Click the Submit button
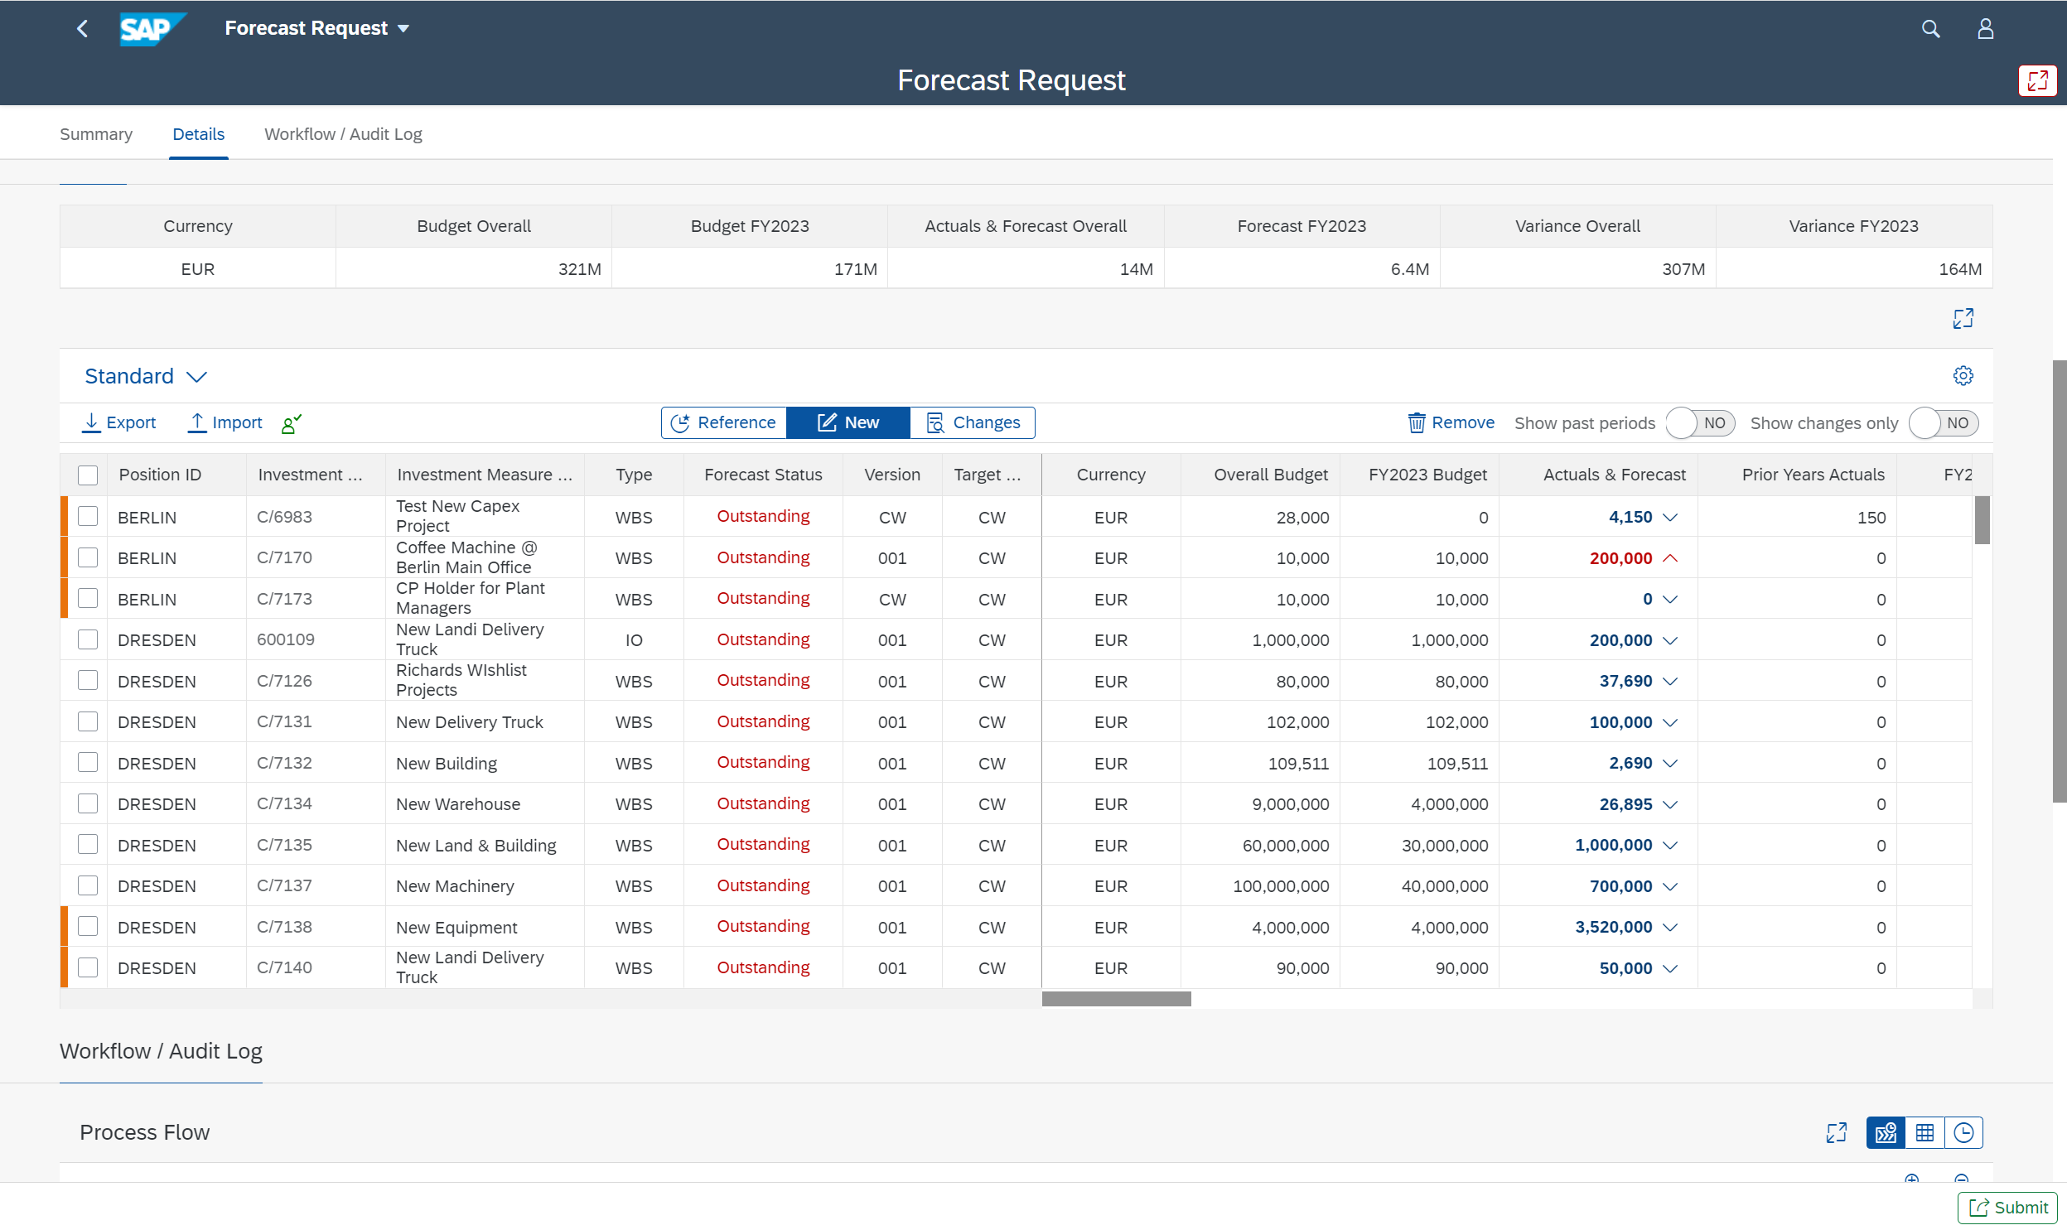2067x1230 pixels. pyautogui.click(x=2007, y=1207)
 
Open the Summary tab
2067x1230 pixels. pyautogui.click(x=96, y=134)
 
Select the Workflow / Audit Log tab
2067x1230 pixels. pyautogui.click(x=343, y=134)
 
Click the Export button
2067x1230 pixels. pyautogui.click(x=119, y=422)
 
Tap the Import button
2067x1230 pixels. pyautogui.click(x=225, y=422)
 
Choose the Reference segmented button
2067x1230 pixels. pyautogui.click(x=723, y=422)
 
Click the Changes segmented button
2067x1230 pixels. pyautogui.click(x=972, y=422)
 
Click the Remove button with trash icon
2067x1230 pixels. pyautogui.click(x=1451, y=422)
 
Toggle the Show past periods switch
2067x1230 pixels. pyautogui.click(x=1700, y=423)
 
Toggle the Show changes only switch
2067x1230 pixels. pyautogui.click(x=1943, y=423)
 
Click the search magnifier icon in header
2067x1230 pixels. pyautogui.click(x=1930, y=29)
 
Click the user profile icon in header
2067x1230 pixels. pyautogui.click(x=1985, y=29)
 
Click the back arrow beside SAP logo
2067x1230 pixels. pyautogui.click(x=82, y=29)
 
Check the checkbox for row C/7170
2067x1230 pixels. pyautogui.click(x=88, y=557)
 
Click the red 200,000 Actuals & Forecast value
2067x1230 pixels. pyautogui.click(x=1620, y=558)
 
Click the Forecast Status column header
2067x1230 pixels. pyautogui.click(x=762, y=475)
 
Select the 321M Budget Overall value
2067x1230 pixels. pyautogui.click(x=578, y=269)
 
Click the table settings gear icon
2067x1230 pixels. pyautogui.click(x=1963, y=375)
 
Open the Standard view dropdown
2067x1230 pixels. pyautogui.click(x=146, y=376)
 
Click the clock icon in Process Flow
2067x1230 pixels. pyautogui.click(x=1963, y=1132)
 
